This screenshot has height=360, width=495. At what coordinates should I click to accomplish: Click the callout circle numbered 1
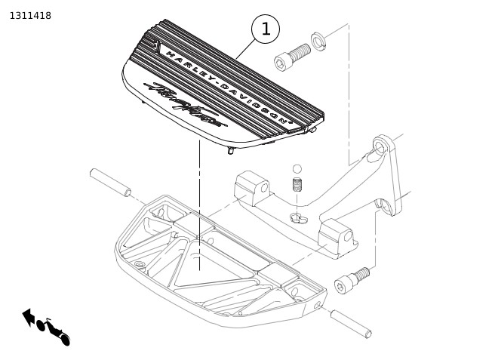click(x=265, y=29)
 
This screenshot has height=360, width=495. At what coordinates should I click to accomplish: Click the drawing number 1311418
click(x=30, y=15)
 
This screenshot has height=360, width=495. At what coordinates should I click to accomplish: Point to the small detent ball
click(x=297, y=168)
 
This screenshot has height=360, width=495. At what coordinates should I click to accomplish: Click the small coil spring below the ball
click(x=297, y=184)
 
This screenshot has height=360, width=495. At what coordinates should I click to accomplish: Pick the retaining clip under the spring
click(x=299, y=219)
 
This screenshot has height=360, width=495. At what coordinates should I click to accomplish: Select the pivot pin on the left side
click(x=110, y=183)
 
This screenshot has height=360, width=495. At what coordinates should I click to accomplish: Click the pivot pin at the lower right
click(x=351, y=323)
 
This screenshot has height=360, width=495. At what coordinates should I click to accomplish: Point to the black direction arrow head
click(x=28, y=315)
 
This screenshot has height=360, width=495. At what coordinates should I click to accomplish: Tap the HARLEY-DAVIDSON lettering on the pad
click(x=226, y=88)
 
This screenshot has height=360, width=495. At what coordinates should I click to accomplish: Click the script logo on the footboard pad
click(x=185, y=106)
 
